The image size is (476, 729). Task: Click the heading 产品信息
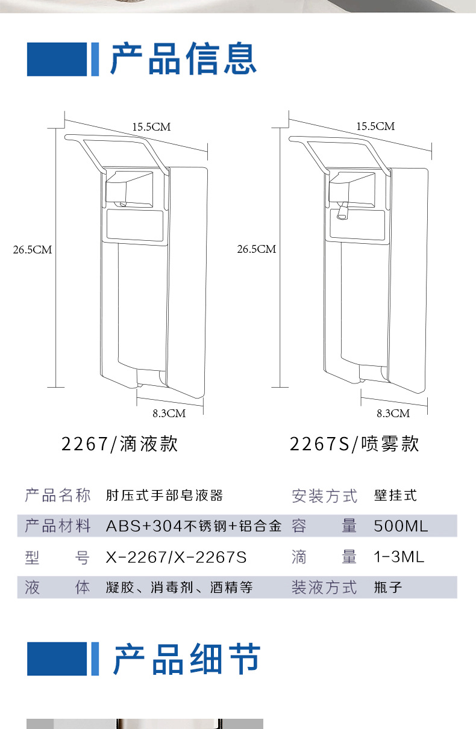coord(183,59)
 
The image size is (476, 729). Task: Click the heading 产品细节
coord(187,659)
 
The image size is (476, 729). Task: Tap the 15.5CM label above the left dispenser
coord(151,126)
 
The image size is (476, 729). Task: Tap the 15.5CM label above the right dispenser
coord(375,126)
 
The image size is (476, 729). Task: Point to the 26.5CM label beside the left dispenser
coord(33,249)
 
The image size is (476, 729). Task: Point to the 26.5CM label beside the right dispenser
coord(256,249)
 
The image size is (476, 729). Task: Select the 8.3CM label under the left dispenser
coord(169,413)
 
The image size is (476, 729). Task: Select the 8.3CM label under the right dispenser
coord(393,413)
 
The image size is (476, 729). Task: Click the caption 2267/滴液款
coord(120,444)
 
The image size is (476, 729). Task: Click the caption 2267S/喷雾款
coord(354,444)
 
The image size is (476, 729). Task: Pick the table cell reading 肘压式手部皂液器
coord(164,495)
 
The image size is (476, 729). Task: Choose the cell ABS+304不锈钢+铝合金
coord(193,526)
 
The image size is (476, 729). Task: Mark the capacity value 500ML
coord(401,526)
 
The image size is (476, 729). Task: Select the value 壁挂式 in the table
coord(395,495)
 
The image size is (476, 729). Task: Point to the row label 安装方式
coord(324,496)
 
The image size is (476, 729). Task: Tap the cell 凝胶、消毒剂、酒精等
coord(179,588)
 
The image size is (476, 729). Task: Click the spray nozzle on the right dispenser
coord(342,214)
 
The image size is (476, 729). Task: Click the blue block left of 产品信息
coord(57,59)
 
